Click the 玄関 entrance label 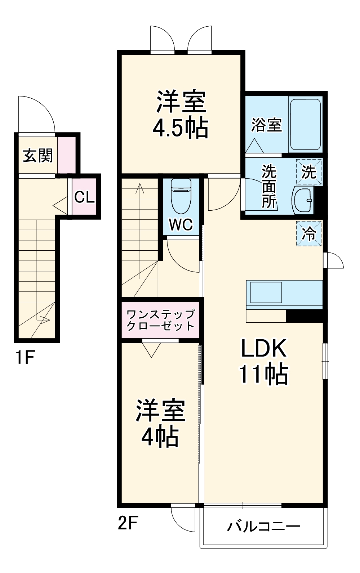37,156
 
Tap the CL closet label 84,197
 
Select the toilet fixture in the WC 181,196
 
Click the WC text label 181,225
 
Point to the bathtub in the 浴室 305,125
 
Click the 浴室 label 267,125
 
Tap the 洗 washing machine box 309,172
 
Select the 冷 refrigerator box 309,234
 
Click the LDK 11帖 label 264,361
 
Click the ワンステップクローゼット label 160,320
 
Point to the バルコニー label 263,527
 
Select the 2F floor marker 128,523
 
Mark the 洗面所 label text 268,187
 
